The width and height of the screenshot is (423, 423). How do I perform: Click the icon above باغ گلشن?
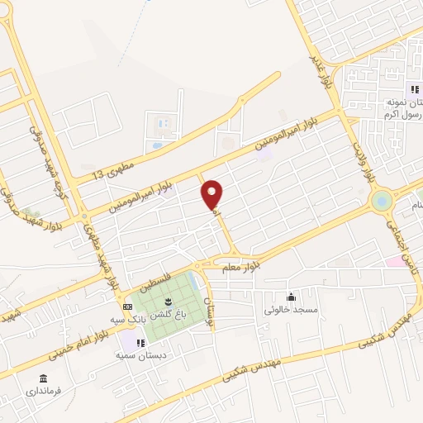169,300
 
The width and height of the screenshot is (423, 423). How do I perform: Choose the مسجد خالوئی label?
291,310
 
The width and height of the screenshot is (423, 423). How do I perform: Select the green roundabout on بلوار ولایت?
382,200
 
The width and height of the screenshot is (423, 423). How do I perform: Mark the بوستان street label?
209,311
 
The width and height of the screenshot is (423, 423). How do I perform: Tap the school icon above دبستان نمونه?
415,90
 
